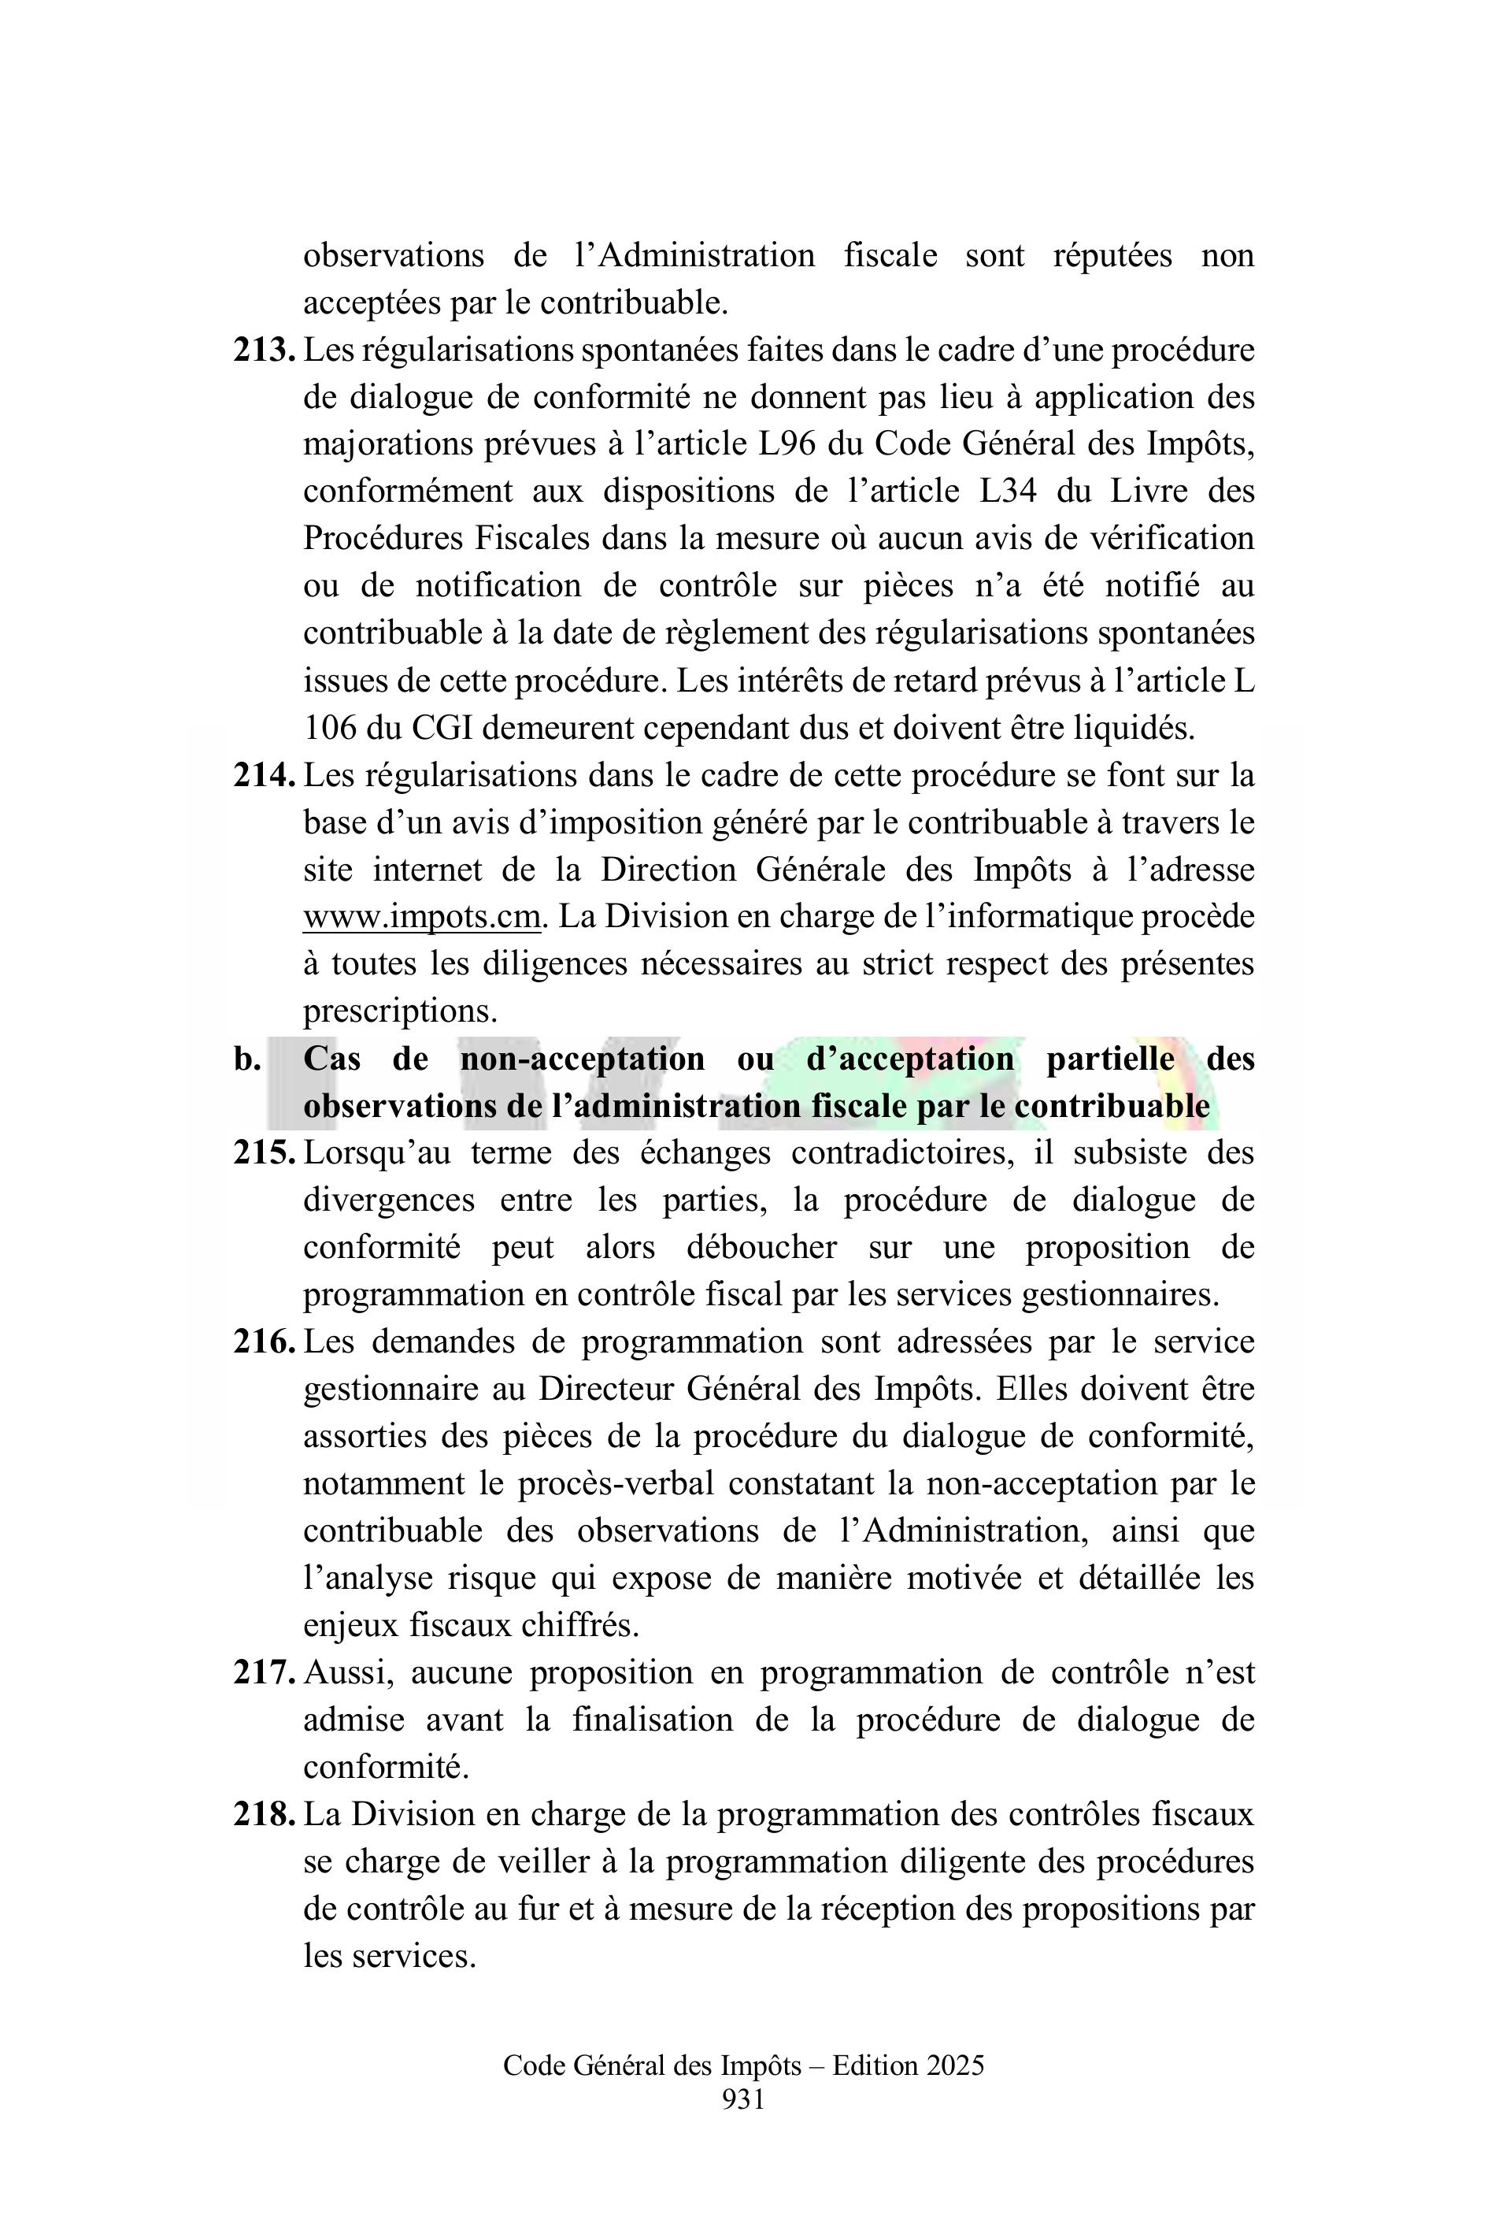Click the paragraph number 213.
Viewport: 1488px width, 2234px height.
tap(264, 351)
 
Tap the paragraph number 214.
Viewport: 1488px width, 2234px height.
tap(264, 776)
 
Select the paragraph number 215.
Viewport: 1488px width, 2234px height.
tap(264, 1153)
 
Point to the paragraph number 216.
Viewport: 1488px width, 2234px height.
tap(264, 1342)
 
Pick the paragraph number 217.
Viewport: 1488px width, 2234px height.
tap(264, 1673)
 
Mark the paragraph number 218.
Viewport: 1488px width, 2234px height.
tap(264, 1814)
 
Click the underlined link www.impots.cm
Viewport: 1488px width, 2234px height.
tap(421, 917)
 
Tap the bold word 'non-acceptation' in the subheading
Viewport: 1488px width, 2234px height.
tap(583, 1059)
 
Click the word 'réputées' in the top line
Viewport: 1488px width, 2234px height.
tap(1112, 255)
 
